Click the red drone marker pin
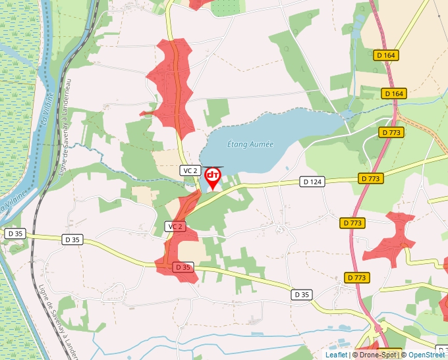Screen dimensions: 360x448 [x=213, y=177]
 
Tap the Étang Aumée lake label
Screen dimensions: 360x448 [x=250, y=143]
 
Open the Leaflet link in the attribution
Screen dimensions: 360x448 [x=336, y=355]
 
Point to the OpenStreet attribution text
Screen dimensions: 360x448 [x=428, y=355]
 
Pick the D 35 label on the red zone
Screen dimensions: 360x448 [x=182, y=267]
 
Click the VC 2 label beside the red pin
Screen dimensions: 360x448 [x=190, y=170]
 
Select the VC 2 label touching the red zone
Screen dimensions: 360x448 [x=174, y=226]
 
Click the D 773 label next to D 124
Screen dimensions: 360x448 [x=371, y=178]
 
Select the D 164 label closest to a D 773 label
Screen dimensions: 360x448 [x=393, y=93]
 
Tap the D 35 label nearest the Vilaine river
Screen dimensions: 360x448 [x=14, y=234]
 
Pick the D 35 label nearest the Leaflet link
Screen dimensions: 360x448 [x=302, y=294]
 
